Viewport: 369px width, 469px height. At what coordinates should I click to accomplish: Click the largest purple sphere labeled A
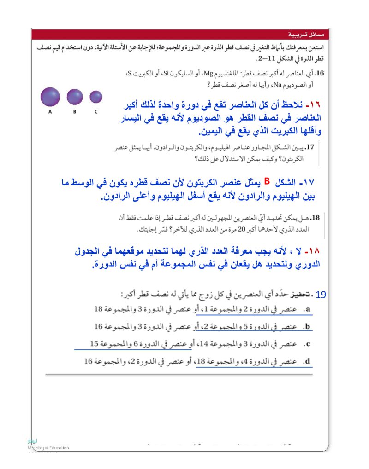coord(50,97)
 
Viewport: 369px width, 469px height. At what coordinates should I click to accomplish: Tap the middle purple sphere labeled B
coord(75,97)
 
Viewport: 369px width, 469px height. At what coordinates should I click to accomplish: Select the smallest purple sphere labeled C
coord(96,97)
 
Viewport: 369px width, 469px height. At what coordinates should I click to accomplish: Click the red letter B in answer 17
coord(267,181)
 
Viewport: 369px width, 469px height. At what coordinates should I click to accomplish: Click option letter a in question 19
coord(307,310)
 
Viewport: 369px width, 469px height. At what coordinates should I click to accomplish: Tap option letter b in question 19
coord(307,327)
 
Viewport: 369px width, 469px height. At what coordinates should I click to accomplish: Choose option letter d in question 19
coord(307,361)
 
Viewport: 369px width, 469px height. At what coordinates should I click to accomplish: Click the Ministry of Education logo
coord(46,445)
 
